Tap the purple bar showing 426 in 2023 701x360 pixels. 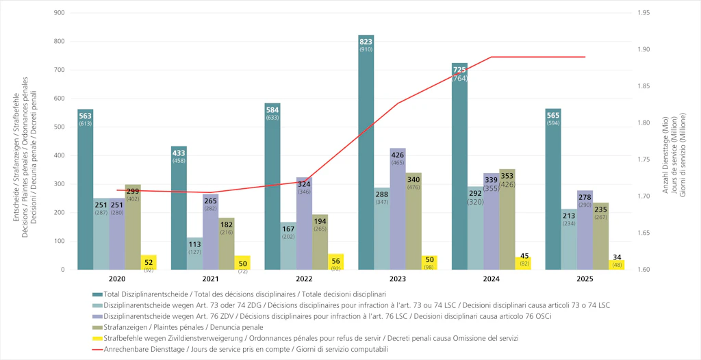pyautogui.click(x=398, y=212)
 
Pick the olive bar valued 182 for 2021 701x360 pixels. pyautogui.click(x=227, y=246)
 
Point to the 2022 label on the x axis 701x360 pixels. pyautogui.click(x=304, y=279)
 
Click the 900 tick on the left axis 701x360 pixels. pyautogui.click(x=60, y=13)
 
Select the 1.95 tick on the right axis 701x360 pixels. pyautogui.click(x=643, y=13)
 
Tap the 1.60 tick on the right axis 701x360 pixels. pyautogui.click(x=643, y=270)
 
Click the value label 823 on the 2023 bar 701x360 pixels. pyautogui.click(x=366, y=41)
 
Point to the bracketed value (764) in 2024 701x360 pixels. pyautogui.click(x=459, y=79)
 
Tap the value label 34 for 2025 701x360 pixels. pyautogui.click(x=617, y=257)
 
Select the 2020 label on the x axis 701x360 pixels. pyautogui.click(x=117, y=279)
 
